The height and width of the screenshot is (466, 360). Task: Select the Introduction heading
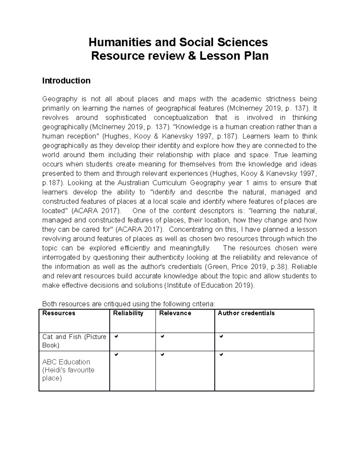pyautogui.click(x=66, y=81)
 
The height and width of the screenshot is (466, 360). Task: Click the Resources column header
pyautogui.click(x=59, y=313)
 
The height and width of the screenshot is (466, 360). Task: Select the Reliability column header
pyautogui.click(x=128, y=313)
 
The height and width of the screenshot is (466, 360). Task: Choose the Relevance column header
pyautogui.click(x=175, y=313)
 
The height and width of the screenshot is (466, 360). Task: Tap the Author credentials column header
pyautogui.click(x=246, y=313)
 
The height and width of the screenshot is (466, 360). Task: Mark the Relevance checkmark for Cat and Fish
pyautogui.click(x=162, y=337)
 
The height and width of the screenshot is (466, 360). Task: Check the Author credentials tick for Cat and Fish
pyautogui.click(x=221, y=337)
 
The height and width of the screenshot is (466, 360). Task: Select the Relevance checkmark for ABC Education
pyautogui.click(x=162, y=355)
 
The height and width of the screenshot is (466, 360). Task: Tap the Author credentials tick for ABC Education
pyautogui.click(x=221, y=355)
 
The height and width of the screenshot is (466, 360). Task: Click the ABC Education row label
pyautogui.click(x=66, y=362)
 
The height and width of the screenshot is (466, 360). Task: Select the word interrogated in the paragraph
pyautogui.click(x=60, y=257)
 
